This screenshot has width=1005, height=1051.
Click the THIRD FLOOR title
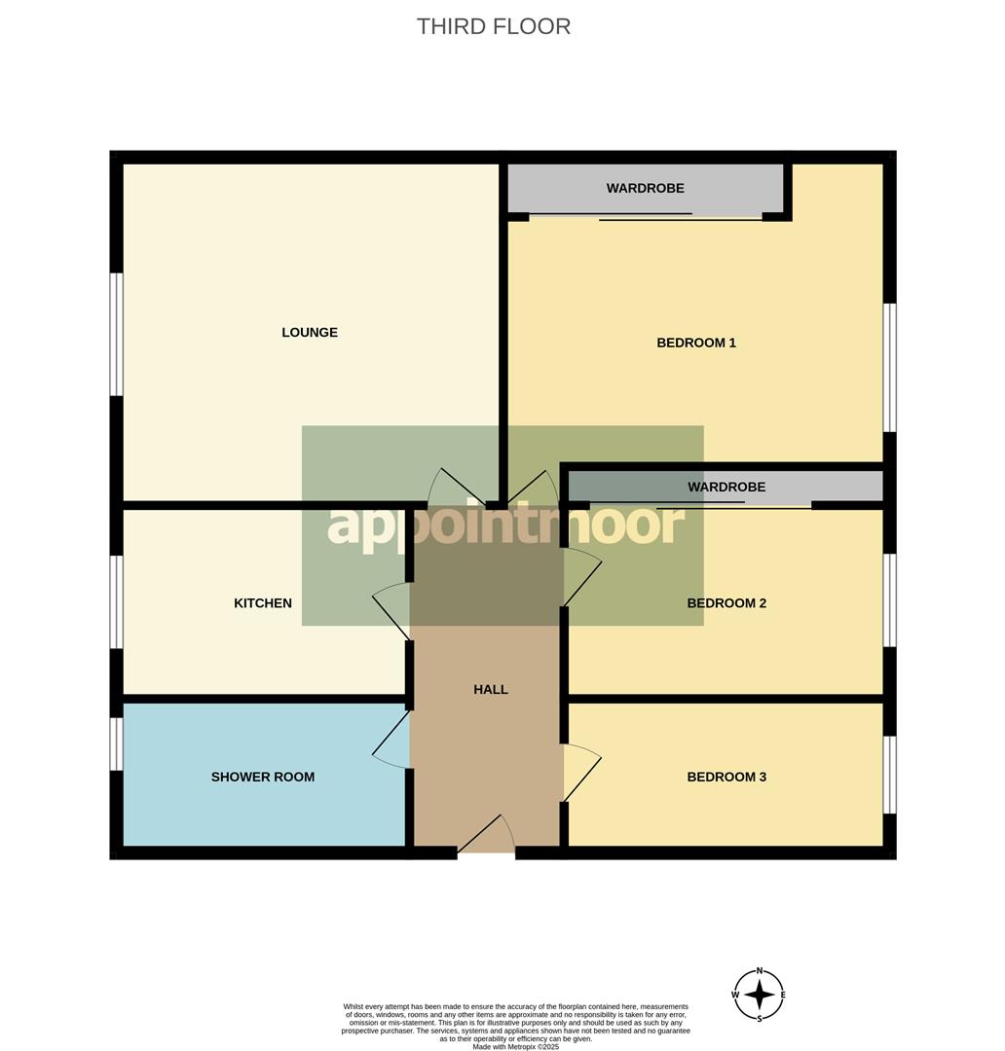(493, 26)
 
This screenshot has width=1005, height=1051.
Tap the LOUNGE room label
(310, 333)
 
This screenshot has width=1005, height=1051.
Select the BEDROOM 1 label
(696, 343)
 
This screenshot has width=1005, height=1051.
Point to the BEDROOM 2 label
(726, 603)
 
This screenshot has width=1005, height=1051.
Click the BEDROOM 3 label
(726, 777)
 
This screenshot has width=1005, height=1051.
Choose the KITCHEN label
(263, 603)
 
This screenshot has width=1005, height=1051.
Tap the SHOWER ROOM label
(263, 777)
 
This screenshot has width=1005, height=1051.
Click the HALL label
(491, 690)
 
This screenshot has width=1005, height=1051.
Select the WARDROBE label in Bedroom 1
(645, 188)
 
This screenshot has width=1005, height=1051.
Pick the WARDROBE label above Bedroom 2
(726, 487)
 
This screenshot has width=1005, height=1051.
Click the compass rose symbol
(759, 995)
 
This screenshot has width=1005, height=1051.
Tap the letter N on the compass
(760, 971)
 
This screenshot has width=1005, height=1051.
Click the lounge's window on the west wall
(117, 334)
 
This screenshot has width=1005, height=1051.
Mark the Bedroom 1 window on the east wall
(889, 367)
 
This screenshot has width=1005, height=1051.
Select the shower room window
(117, 743)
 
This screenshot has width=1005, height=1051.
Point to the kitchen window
(117, 601)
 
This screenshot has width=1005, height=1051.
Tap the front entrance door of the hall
(486, 837)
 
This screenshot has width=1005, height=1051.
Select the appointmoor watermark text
(505, 525)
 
